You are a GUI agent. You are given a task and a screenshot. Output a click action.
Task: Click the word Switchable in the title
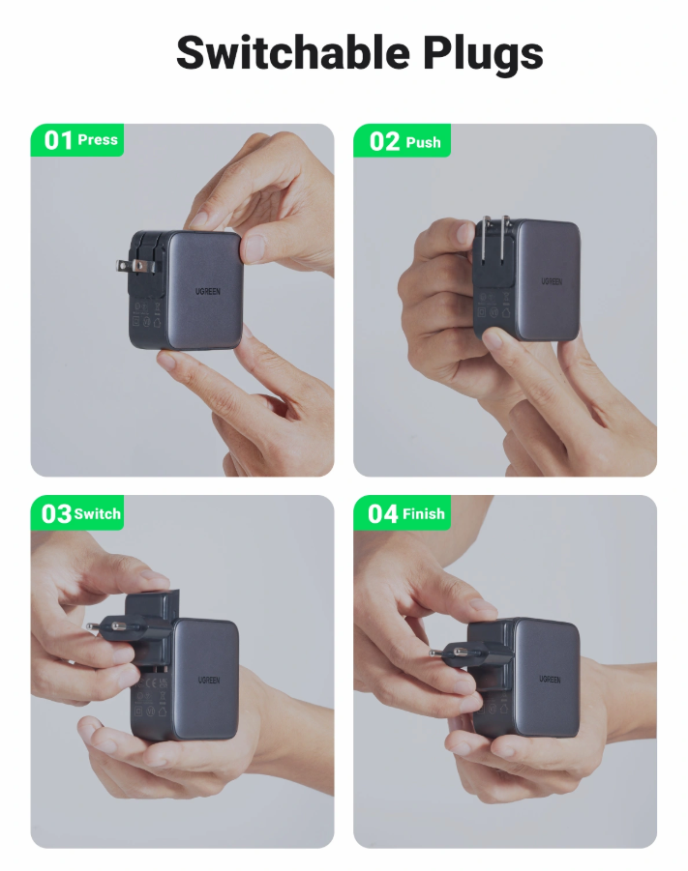[292, 52]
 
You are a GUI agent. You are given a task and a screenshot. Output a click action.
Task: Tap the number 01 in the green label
[58, 140]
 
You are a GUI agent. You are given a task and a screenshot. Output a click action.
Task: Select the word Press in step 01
[98, 139]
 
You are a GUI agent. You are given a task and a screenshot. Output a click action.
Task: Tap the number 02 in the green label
[384, 141]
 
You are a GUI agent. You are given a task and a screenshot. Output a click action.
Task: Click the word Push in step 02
[423, 143]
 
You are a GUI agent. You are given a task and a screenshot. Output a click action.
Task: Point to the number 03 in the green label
[56, 513]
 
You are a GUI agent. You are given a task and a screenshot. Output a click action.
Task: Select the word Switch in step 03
[98, 514]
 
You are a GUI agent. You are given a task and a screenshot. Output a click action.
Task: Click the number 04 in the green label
[383, 514]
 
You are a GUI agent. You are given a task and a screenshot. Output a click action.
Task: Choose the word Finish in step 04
[424, 514]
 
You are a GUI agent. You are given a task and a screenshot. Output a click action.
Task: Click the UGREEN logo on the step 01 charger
[208, 292]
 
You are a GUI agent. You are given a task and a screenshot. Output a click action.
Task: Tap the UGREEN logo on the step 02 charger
[552, 281]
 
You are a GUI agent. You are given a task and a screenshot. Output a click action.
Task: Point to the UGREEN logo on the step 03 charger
[209, 680]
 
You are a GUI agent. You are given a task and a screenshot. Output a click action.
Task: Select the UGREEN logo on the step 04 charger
[550, 679]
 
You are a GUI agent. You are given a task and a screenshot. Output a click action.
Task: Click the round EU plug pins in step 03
[104, 626]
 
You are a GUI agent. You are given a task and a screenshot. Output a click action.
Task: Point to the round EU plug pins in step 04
[447, 653]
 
